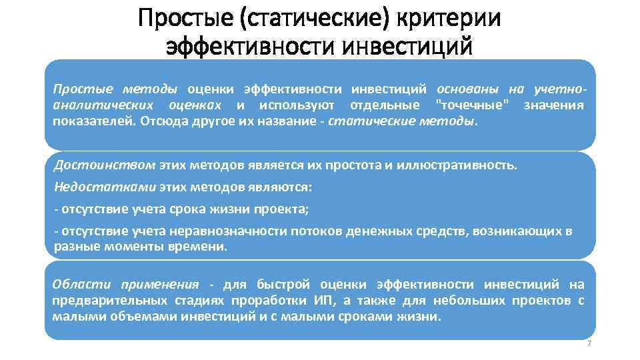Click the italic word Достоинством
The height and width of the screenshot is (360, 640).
[x=105, y=165]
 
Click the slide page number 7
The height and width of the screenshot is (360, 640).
[x=589, y=343]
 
